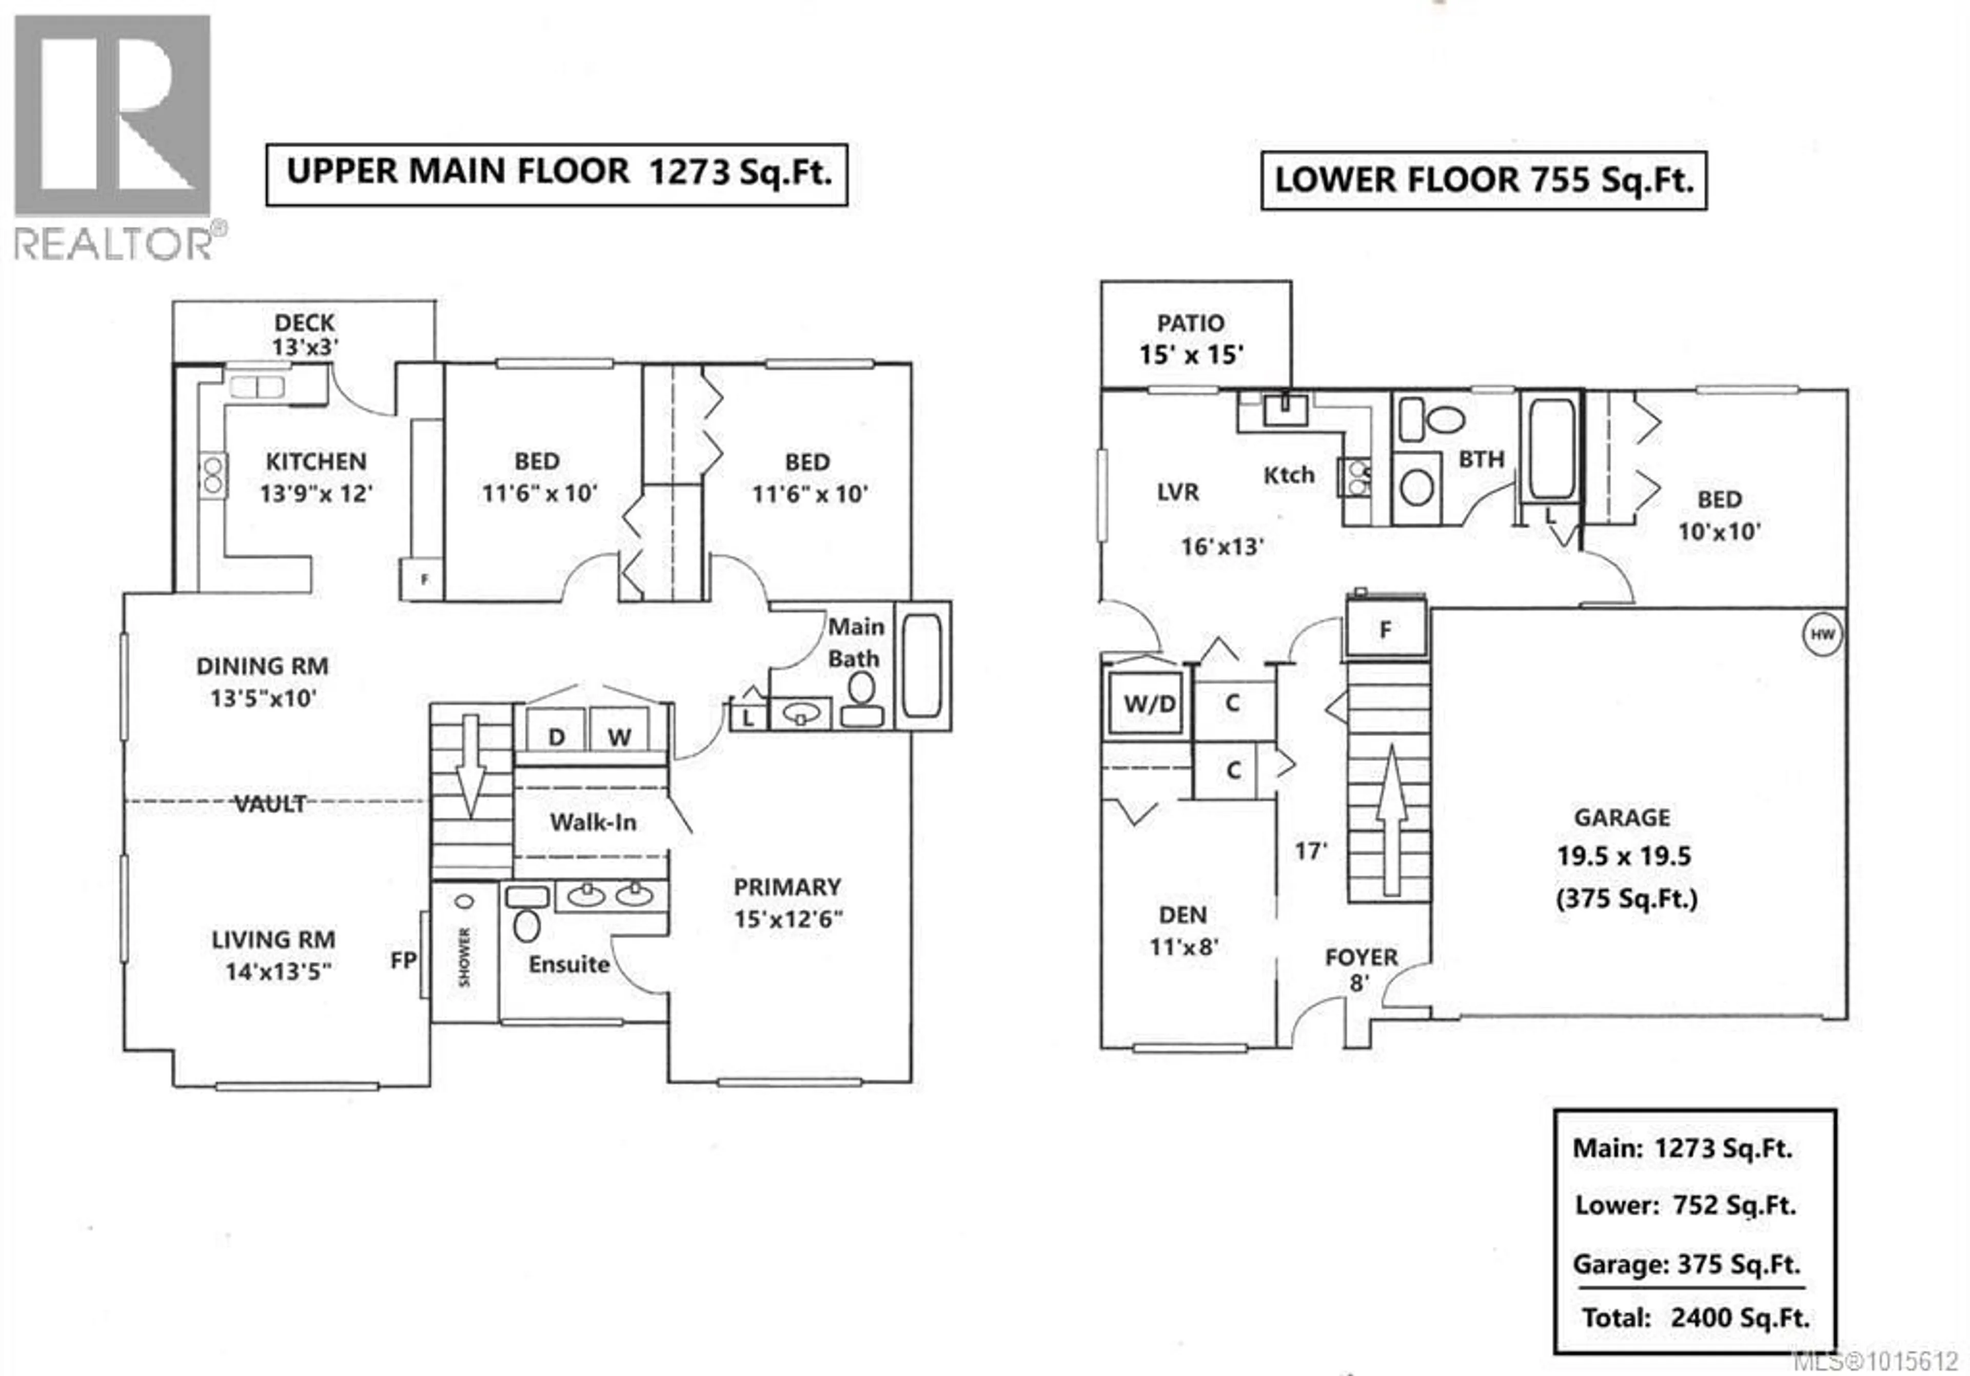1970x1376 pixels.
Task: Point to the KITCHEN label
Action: click(x=316, y=462)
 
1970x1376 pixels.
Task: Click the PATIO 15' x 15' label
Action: click(x=1191, y=339)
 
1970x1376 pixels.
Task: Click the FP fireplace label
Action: click(x=403, y=961)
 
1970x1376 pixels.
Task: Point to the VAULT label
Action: click(x=269, y=804)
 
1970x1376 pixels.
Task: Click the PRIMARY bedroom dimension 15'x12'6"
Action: click(x=787, y=919)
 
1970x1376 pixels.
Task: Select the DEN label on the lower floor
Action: click(x=1183, y=915)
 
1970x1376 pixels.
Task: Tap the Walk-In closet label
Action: click(x=593, y=822)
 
